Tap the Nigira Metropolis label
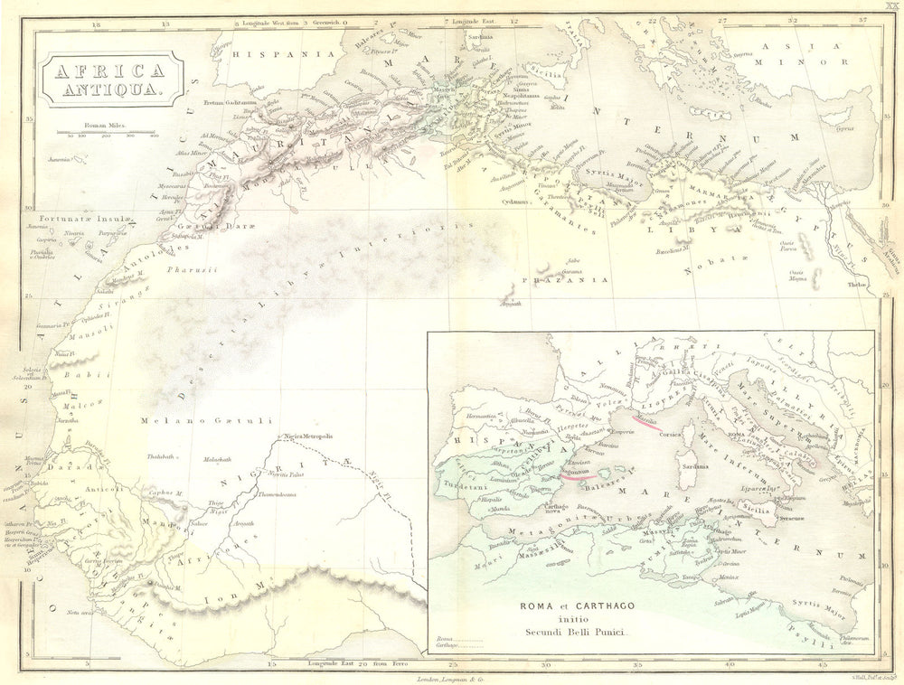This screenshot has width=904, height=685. click(x=308, y=436)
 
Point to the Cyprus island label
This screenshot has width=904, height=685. click(x=845, y=127)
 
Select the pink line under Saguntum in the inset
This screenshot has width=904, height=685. click(x=574, y=470)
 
